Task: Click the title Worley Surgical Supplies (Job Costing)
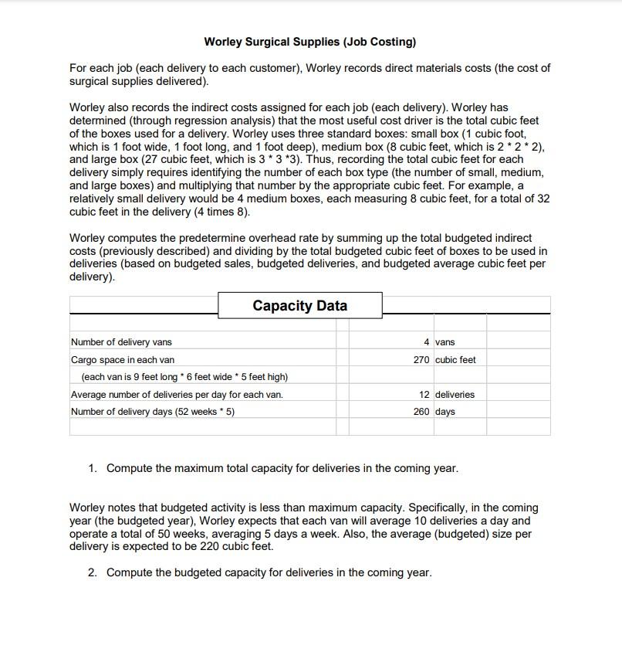click(309, 42)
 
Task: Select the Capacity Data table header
click(299, 305)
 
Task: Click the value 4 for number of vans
click(427, 342)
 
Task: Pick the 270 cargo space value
click(422, 360)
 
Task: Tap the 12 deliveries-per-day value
click(424, 395)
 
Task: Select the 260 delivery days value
click(422, 412)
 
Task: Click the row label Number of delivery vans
click(121, 342)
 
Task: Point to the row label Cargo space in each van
click(123, 360)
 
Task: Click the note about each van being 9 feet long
click(184, 377)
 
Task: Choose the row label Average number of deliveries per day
click(177, 395)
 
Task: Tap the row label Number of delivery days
click(153, 412)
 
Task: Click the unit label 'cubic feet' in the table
click(455, 360)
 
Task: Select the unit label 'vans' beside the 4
click(445, 342)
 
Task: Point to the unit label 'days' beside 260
click(445, 412)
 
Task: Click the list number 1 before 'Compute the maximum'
click(92, 468)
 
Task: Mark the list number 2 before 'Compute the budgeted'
click(92, 572)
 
